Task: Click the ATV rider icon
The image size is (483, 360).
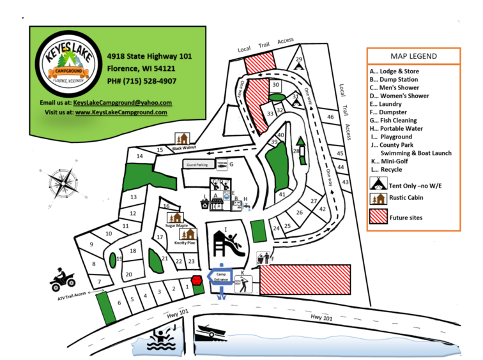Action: tap(63, 279)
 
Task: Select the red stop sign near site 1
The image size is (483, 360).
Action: tap(196, 280)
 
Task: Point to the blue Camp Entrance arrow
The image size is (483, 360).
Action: tap(221, 276)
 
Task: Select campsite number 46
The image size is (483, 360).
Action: tap(330, 117)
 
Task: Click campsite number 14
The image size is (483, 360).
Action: tap(139, 156)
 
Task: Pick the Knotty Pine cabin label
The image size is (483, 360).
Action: tap(185, 243)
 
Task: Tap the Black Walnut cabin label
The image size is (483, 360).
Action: tap(184, 149)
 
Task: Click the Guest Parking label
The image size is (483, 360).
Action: tap(198, 165)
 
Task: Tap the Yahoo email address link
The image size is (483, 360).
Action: tap(123, 102)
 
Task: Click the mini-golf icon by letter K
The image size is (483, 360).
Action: tap(243, 283)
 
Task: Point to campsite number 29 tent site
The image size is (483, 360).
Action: tap(298, 62)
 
